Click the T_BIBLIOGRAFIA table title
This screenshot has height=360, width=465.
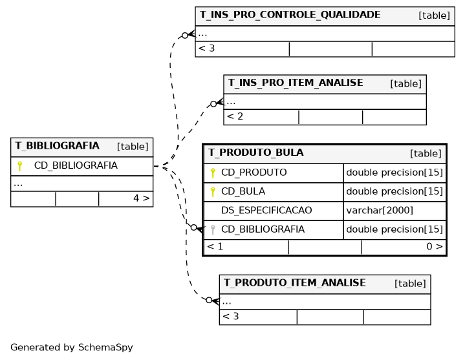point(57,146)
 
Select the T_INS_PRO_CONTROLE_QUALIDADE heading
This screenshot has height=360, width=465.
point(290,15)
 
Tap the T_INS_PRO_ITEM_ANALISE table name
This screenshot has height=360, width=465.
point(296,83)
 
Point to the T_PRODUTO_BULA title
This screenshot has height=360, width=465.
point(256,153)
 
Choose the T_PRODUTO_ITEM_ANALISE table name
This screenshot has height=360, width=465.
point(295,282)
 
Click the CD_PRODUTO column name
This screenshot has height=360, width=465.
point(254,173)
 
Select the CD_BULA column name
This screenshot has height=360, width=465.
point(243,191)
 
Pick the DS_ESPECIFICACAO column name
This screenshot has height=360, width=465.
point(266,210)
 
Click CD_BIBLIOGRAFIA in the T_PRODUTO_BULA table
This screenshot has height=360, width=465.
point(263,229)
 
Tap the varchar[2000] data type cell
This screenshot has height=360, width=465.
point(380,210)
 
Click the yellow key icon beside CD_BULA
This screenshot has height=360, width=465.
point(213,192)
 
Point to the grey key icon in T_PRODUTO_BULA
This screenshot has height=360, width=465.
point(213,229)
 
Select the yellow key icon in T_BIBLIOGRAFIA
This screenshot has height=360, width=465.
point(19,166)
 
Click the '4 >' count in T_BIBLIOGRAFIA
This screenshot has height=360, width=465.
point(142,198)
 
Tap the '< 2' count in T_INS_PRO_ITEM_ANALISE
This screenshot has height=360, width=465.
point(235,116)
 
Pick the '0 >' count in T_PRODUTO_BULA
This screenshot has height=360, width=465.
point(435,246)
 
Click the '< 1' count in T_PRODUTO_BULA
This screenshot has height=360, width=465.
point(215,246)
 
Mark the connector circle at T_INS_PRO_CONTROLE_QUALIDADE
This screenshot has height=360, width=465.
point(185,36)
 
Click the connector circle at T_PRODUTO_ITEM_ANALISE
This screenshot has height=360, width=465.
point(209,300)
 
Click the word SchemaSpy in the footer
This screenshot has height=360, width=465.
point(105,347)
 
